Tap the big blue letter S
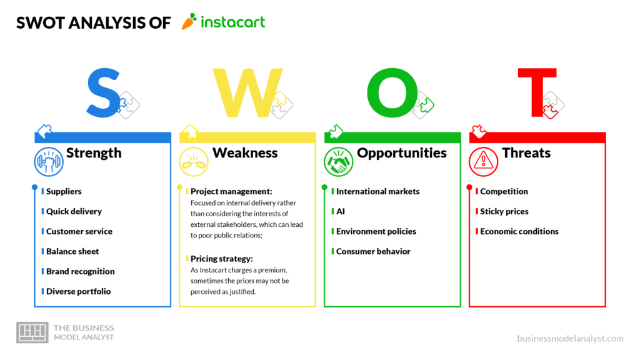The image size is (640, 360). pyautogui.click(x=103, y=93)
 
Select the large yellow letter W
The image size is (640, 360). pyautogui.click(x=247, y=92)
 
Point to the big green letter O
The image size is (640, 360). pyautogui.click(x=392, y=92)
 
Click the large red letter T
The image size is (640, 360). pyautogui.click(x=537, y=92)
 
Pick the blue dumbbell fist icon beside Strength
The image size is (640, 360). pyautogui.click(x=49, y=162)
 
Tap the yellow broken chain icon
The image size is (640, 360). pyautogui.click(x=194, y=162)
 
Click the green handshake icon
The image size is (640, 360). pyautogui.click(x=338, y=162)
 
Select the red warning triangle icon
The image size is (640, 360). pyautogui.click(x=483, y=162)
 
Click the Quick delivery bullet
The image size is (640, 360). pyautogui.click(x=74, y=211)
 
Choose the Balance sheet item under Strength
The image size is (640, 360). pyautogui.click(x=72, y=251)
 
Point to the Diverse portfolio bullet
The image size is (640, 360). pyautogui.click(x=78, y=291)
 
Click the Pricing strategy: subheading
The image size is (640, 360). pyautogui.click(x=222, y=259)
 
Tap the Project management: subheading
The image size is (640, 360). pyautogui.click(x=231, y=191)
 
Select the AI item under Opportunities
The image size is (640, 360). pyautogui.click(x=341, y=211)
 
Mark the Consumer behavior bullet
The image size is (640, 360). pyautogui.click(x=373, y=251)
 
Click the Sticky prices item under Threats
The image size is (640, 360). pyautogui.click(x=504, y=211)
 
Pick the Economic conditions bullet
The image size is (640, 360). pyautogui.click(x=519, y=231)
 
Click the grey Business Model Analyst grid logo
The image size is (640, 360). pyautogui.click(x=32, y=332)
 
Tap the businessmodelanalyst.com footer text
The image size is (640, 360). pyautogui.click(x=570, y=338)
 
